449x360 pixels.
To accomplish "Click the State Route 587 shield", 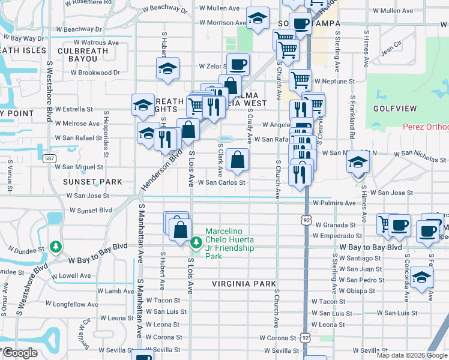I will [x=49, y=158].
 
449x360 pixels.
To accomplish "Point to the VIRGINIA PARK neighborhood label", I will [x=244, y=283].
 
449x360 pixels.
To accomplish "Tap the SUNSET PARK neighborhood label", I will [x=83, y=180].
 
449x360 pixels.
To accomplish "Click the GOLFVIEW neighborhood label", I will [x=394, y=109].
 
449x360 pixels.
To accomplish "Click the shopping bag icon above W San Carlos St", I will [x=238, y=160].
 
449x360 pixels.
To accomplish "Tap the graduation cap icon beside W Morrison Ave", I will [x=258, y=20].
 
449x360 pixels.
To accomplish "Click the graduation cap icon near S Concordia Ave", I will [x=422, y=277].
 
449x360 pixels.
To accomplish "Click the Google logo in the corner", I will [x=21, y=353].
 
